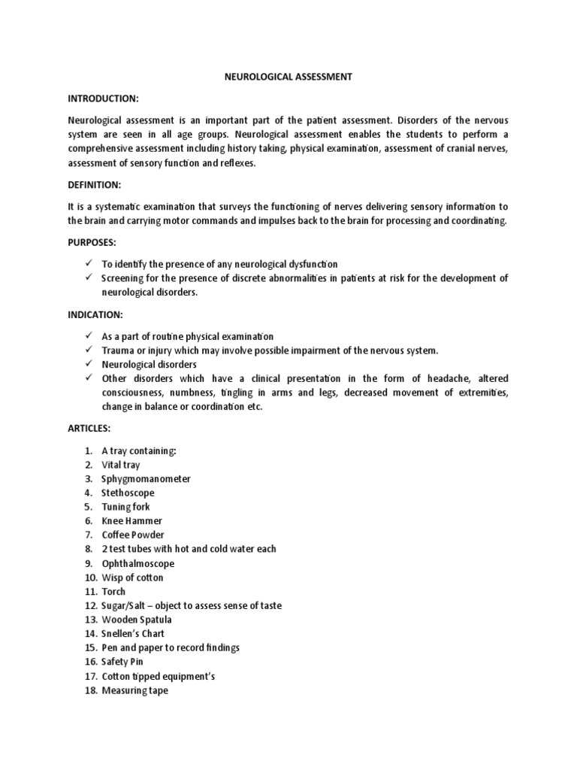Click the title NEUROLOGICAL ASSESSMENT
tap(288, 77)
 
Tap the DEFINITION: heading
tap(95, 184)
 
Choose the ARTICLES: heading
tap(89, 428)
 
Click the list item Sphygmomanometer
tap(147, 479)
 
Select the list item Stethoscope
tap(128, 493)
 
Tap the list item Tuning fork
tap(126, 507)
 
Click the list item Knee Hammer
tap(132, 521)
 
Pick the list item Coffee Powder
tap(133, 535)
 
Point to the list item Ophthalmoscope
tap(138, 563)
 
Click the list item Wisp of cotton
tap(132, 577)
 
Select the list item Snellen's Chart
tap(133, 634)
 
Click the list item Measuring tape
tap(135, 691)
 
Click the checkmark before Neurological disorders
tap(88, 365)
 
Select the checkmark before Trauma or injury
tap(88, 350)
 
